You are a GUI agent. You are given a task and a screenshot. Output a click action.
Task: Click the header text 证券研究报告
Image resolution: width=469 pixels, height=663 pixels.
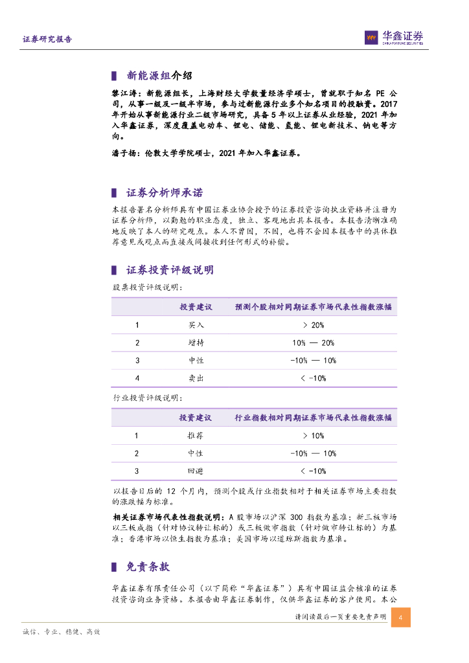click(47, 39)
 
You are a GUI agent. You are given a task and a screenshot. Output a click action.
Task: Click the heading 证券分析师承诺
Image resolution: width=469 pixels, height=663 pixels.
click(164, 193)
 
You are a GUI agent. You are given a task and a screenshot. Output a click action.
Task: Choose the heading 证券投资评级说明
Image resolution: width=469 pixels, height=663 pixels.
click(170, 270)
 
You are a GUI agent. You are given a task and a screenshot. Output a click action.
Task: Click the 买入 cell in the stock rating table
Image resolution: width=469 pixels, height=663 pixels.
click(196, 325)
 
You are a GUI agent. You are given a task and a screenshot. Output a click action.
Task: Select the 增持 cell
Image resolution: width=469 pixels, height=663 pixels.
click(196, 343)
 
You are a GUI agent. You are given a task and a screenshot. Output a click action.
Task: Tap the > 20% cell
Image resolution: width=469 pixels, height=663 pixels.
click(313, 325)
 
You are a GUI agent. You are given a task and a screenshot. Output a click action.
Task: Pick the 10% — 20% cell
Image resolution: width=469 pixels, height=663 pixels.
click(313, 343)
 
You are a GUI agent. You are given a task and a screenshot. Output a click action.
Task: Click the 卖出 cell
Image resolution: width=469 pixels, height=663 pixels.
click(196, 379)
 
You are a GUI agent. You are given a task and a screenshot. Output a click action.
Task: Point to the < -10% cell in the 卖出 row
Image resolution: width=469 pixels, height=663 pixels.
click(313, 379)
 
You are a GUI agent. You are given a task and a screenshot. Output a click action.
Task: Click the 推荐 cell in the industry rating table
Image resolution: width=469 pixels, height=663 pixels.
click(196, 436)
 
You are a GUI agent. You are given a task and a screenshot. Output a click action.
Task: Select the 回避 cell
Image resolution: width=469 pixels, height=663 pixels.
click(196, 471)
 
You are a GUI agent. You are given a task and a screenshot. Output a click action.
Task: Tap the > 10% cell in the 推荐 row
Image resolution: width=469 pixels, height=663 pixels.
click(313, 436)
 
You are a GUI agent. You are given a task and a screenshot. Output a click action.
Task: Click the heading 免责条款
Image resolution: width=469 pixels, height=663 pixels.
click(148, 567)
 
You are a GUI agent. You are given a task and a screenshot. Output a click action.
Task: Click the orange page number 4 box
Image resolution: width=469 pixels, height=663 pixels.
click(401, 617)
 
